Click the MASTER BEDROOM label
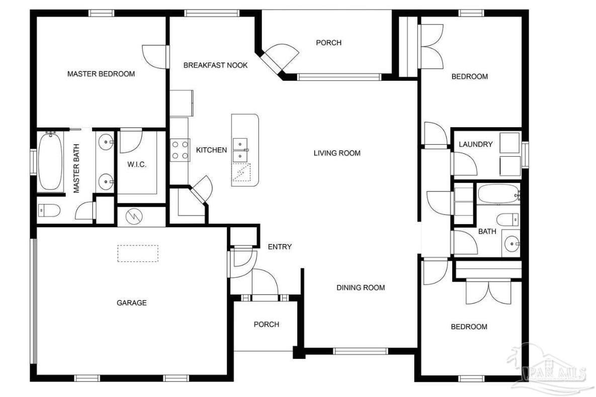click(x=101, y=74)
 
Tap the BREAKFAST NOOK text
click(x=215, y=65)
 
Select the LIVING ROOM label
click(x=336, y=153)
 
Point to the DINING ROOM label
click(x=361, y=287)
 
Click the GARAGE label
click(x=132, y=303)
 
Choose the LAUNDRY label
click(x=475, y=144)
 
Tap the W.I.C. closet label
click(x=136, y=164)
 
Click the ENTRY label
click(x=280, y=247)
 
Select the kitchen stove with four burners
click(x=180, y=150)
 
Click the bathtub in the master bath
click(x=51, y=161)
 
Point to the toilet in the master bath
click(x=49, y=210)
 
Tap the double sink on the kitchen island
click(x=242, y=150)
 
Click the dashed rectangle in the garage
click(x=138, y=253)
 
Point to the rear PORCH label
click(x=328, y=43)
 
